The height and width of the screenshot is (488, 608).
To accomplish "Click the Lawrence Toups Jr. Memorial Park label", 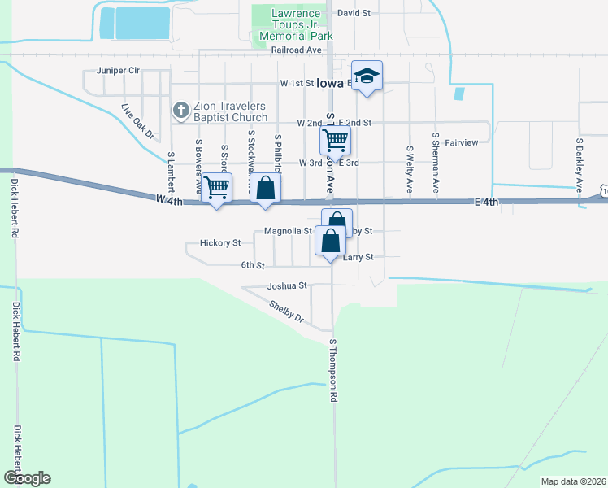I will [296, 25].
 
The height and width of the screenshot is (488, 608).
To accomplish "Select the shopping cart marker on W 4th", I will [216, 188].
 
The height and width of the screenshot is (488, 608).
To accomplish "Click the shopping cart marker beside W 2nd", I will [336, 142].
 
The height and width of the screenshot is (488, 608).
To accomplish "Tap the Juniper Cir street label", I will [118, 71].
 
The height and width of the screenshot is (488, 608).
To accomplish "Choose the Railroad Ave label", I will [297, 50].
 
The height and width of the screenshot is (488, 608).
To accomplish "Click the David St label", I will [354, 14].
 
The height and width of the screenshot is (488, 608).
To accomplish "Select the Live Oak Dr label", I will [137, 121].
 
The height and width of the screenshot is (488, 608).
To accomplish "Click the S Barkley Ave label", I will [580, 165].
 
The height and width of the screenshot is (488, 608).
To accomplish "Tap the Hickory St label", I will [220, 243].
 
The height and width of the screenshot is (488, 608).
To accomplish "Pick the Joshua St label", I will [287, 286].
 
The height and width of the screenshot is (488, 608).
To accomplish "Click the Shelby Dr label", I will [286, 312].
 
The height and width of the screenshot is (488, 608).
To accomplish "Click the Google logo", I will [27, 478].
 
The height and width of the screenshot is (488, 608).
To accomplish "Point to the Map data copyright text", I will [572, 481].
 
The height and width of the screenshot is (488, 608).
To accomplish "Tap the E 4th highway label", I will [486, 202].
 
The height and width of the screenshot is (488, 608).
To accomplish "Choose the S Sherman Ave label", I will [436, 163].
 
